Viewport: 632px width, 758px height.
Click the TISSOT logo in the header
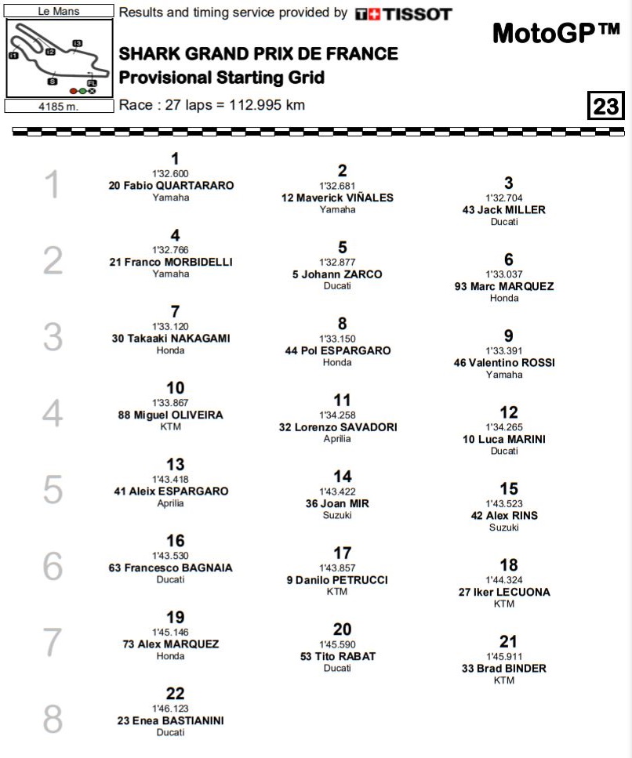pos(403,14)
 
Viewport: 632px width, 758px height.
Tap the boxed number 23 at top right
pos(605,105)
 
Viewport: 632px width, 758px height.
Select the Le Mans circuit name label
pos(53,12)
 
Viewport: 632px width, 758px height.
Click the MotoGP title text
pos(556,33)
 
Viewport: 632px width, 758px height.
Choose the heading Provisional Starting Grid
pos(222,78)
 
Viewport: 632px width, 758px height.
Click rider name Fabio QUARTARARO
pos(171,186)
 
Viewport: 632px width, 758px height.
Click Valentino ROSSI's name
pos(504,363)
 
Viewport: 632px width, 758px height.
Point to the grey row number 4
pos(52,413)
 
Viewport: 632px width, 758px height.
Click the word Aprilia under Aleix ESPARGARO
pos(170,503)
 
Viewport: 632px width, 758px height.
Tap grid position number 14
pos(343,477)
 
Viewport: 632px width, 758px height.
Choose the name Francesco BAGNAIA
pos(170,568)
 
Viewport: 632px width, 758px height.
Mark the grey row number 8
pos(52,720)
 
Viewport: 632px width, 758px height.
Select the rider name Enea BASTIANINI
pos(170,720)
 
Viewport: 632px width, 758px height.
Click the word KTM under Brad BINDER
pos(504,680)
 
